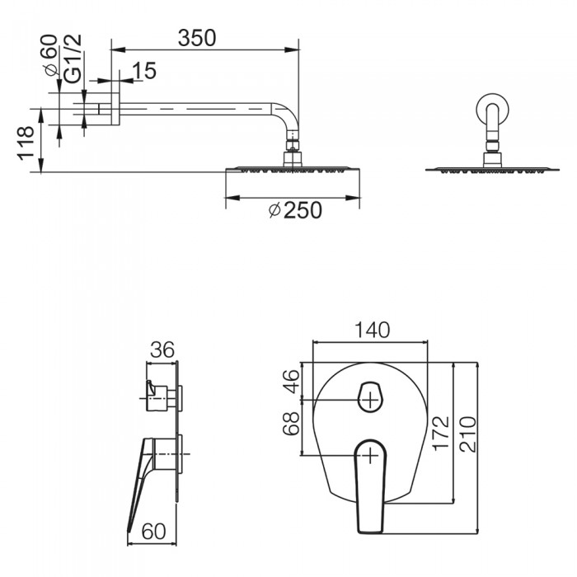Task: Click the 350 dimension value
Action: point(198,37)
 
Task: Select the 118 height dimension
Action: point(26,143)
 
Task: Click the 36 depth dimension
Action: point(161,350)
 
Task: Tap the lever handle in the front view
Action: point(371,482)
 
